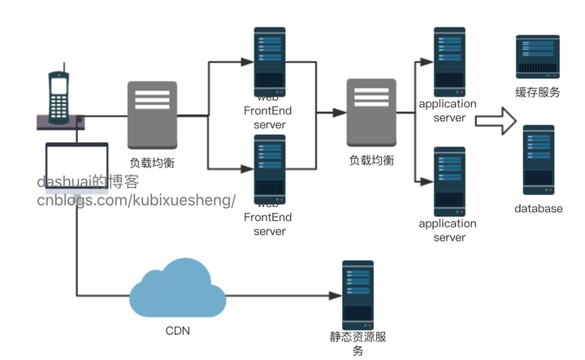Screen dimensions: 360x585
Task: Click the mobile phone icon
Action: click(58, 97)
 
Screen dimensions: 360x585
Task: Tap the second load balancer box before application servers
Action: click(371, 113)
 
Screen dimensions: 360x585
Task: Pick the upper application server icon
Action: click(449, 61)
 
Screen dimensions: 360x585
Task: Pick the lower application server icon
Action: click(449, 180)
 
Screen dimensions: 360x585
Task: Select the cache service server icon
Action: click(538, 57)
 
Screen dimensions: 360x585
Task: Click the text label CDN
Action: click(178, 332)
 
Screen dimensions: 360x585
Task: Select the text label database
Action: click(538, 209)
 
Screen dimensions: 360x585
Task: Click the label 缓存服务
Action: click(538, 93)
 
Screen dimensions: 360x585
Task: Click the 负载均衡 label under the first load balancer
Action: click(152, 163)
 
